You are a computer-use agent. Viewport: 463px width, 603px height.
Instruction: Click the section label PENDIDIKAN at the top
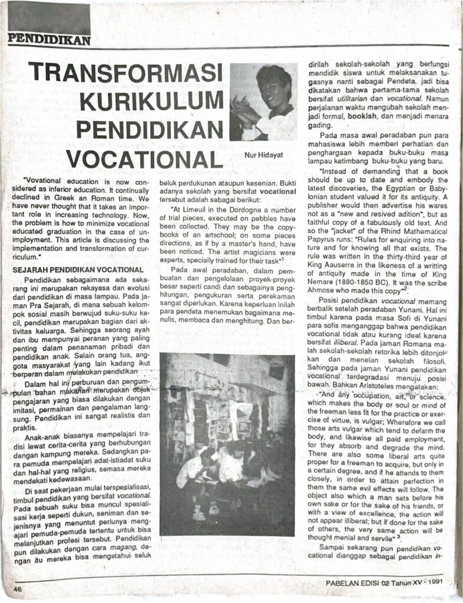point(49,41)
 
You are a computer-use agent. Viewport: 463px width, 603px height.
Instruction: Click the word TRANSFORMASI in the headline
point(125,74)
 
